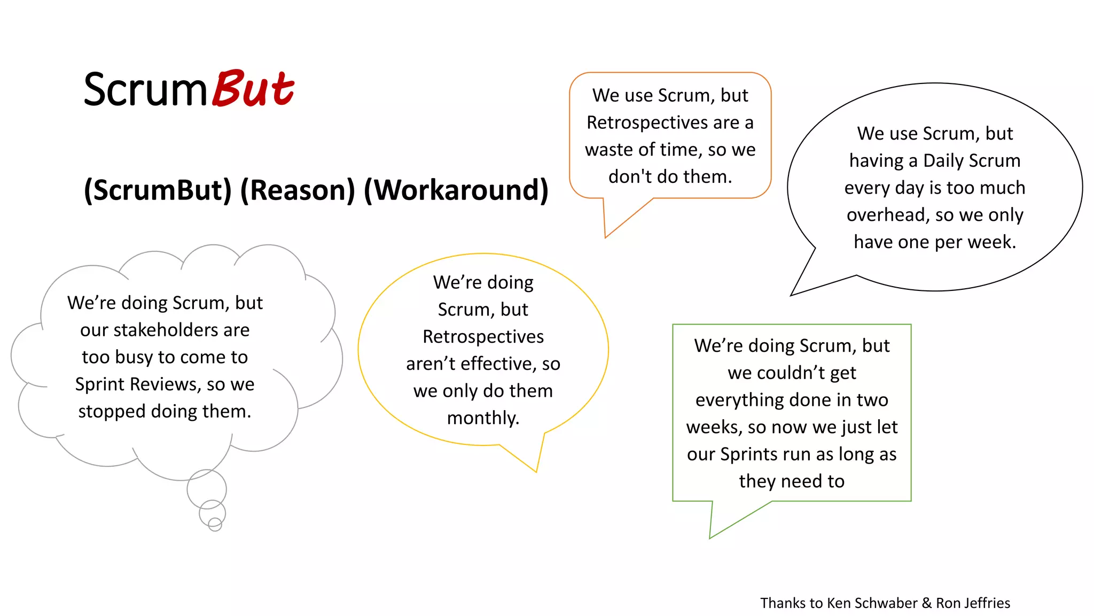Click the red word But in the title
(x=254, y=89)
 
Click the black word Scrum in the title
(x=145, y=90)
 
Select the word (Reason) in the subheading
(x=298, y=190)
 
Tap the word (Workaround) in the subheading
(x=456, y=190)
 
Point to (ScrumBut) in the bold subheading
(x=158, y=190)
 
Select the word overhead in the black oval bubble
(x=887, y=215)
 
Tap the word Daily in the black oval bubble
(x=943, y=160)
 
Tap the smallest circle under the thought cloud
(x=215, y=524)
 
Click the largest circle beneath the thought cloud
(x=207, y=489)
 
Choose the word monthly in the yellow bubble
(x=482, y=418)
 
